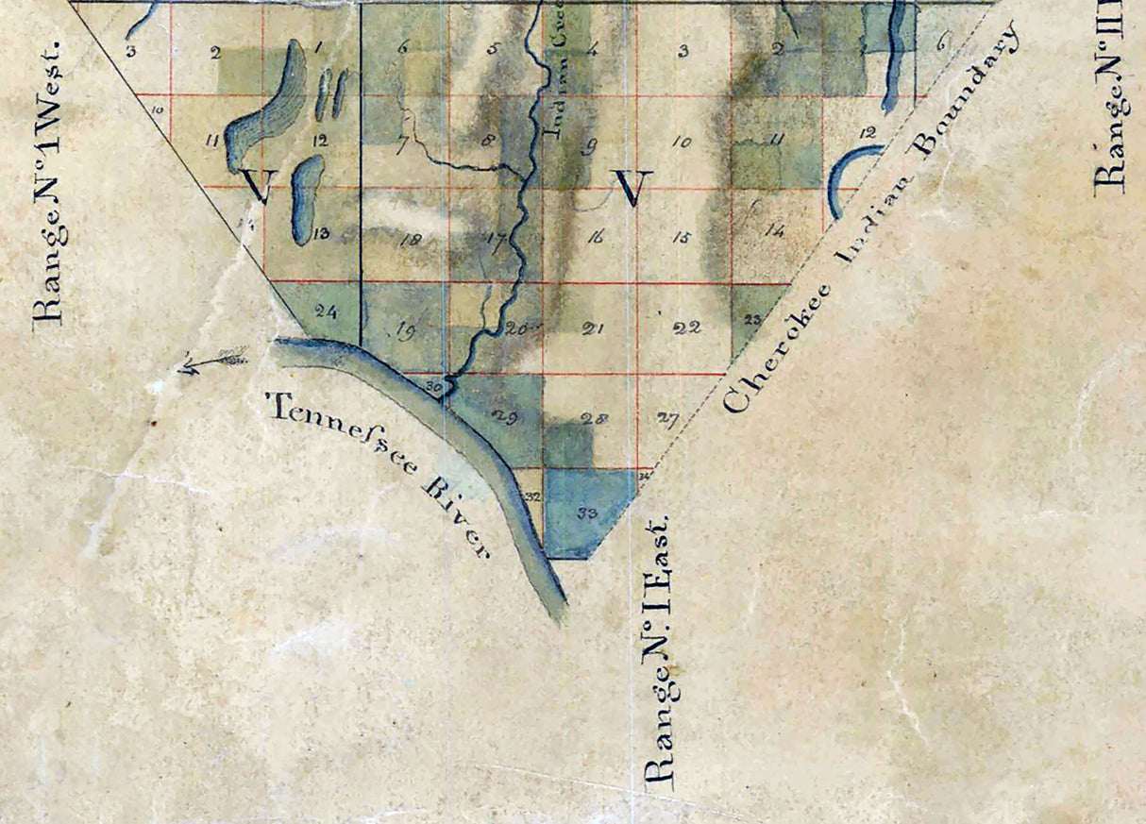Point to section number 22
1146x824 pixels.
pos(686,328)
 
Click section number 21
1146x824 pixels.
pos(593,329)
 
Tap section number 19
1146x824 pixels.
pos(407,330)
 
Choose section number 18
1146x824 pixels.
pos(410,240)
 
